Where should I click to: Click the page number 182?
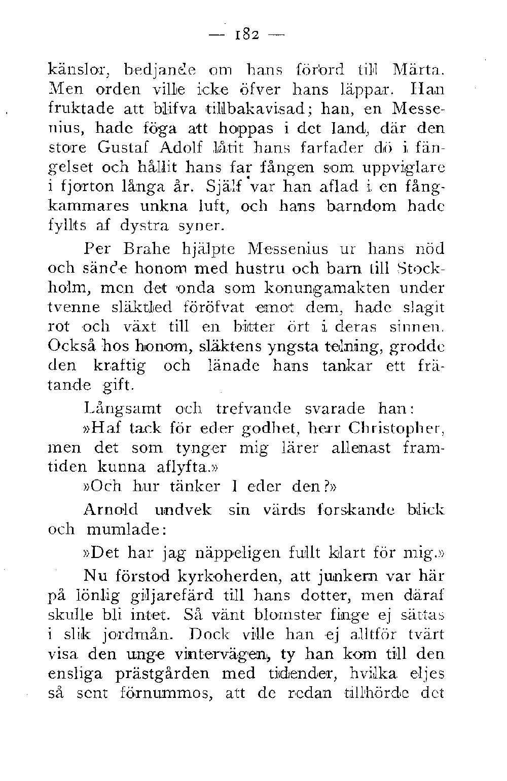[x=248, y=36]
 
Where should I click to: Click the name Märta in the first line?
[x=416, y=67]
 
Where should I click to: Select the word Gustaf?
[x=125, y=148]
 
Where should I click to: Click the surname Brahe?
[x=150, y=249]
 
